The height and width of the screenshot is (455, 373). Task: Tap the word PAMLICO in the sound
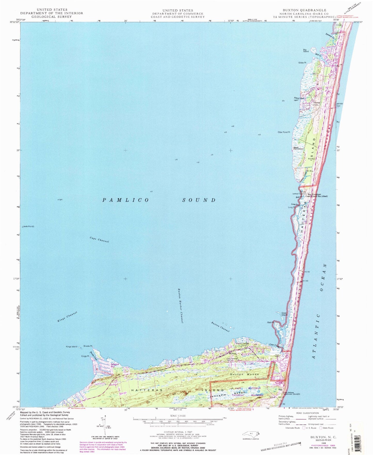point(126,200)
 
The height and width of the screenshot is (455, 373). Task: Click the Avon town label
point(317,102)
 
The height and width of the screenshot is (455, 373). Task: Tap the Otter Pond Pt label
point(284,132)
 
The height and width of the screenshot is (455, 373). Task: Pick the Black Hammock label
point(298,148)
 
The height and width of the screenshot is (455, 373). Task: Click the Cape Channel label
point(99,240)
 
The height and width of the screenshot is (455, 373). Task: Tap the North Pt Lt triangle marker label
point(28,227)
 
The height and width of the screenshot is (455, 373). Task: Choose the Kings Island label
point(72,347)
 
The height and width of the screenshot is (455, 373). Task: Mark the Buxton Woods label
point(244,374)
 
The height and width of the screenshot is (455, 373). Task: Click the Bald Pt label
point(271,323)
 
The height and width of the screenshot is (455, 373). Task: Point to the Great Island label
point(284,314)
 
